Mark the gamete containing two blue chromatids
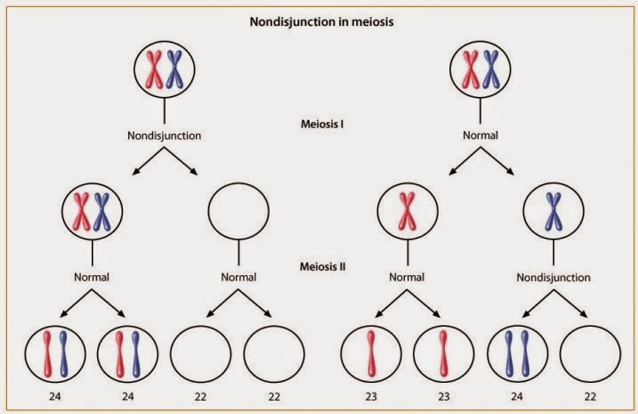tap(517, 354)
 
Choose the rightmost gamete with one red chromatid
tap(442, 354)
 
